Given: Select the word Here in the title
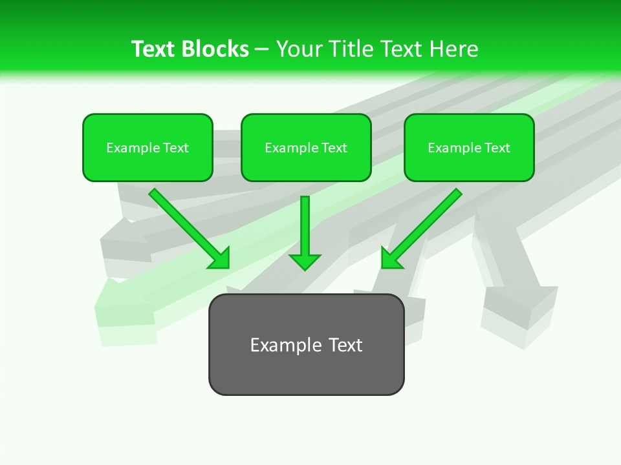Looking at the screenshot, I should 452,49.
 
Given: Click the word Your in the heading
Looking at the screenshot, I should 300,49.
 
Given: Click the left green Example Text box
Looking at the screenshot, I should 147,148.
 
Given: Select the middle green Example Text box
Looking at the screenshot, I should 306,148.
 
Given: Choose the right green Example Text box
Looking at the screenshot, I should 469,148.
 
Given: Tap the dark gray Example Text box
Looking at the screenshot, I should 306,345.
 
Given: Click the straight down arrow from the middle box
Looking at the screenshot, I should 305,226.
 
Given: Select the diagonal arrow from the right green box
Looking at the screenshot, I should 427,223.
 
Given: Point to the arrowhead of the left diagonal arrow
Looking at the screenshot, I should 221,258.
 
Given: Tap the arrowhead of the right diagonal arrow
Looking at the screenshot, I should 391,258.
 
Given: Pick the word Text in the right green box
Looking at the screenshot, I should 497,148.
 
